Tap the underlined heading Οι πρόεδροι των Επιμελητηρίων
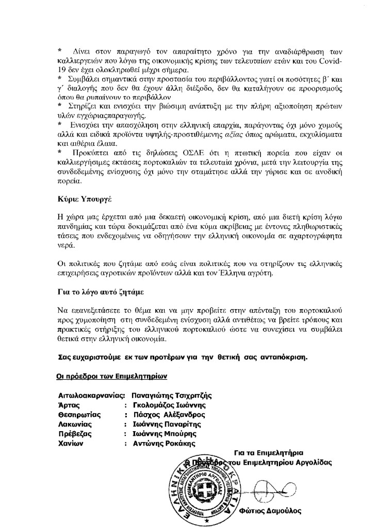(x=112, y=376)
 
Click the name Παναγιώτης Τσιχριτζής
(x=172, y=396)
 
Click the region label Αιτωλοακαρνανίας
(x=92, y=396)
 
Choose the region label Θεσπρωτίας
(x=79, y=414)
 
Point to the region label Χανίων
(x=71, y=443)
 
